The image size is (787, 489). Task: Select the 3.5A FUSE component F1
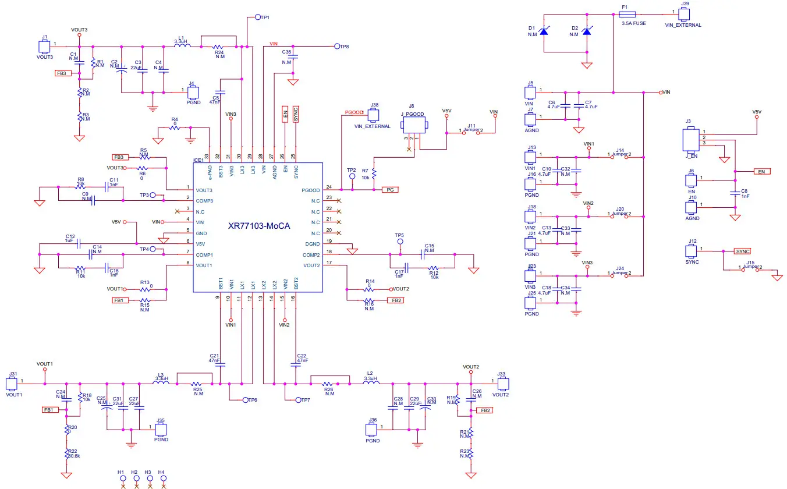[625, 17]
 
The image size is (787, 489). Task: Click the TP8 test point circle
[337, 46]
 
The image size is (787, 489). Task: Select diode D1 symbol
[544, 31]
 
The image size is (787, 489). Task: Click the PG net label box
[389, 190]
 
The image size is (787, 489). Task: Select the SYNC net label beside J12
[742, 251]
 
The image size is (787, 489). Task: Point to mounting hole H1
[122, 479]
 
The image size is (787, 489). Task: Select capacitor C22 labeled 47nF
[296, 365]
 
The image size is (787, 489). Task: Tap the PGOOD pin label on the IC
[310, 190]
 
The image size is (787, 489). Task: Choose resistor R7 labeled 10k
[374, 173]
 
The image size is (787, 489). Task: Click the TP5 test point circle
[400, 242]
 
